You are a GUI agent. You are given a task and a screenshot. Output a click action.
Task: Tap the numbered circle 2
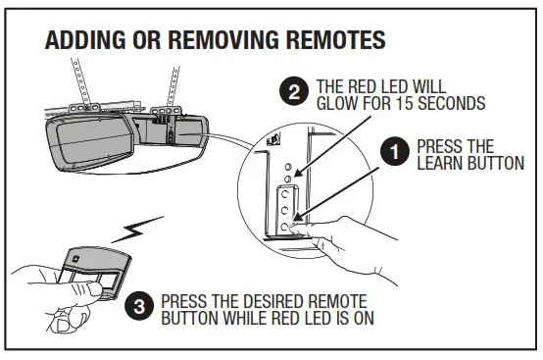click(x=291, y=92)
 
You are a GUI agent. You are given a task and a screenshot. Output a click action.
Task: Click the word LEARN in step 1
click(x=439, y=163)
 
